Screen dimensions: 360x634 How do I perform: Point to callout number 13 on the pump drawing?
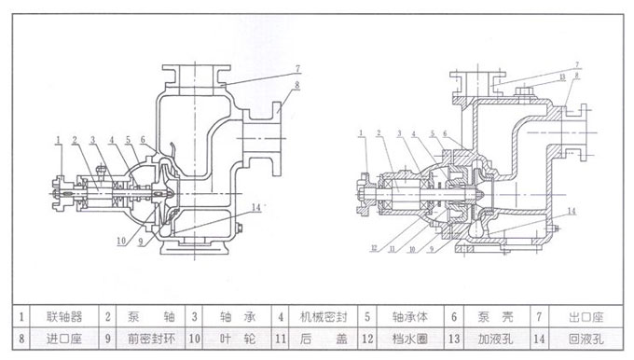(x=561, y=75)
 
